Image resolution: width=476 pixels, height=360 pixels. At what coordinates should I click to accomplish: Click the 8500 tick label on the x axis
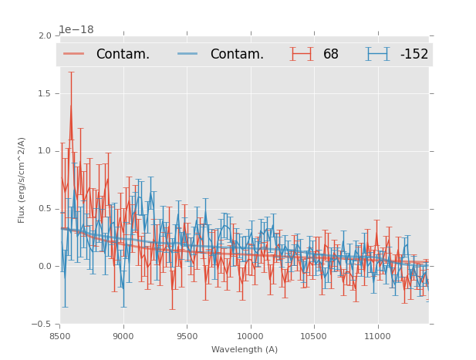[x=59, y=336]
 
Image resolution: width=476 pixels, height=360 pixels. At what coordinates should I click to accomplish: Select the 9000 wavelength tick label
[x=123, y=336]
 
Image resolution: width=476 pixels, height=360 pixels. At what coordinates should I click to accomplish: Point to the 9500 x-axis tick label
[x=187, y=336]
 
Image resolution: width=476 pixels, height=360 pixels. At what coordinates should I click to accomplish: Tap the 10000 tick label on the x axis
[x=250, y=336]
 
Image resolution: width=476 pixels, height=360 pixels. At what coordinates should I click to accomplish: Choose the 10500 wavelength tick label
[x=314, y=336]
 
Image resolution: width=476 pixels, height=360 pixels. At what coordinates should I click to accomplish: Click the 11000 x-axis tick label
[x=377, y=336]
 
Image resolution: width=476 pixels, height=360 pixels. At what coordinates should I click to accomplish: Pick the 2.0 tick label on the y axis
[x=45, y=35]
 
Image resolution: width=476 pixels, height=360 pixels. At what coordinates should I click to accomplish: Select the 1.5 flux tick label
[x=45, y=93]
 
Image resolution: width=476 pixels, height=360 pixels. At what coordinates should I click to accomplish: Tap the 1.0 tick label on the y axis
[x=45, y=151]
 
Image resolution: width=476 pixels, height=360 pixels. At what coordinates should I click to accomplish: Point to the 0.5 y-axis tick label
[x=45, y=209]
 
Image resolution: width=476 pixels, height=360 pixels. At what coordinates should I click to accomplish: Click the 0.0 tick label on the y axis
[x=45, y=267]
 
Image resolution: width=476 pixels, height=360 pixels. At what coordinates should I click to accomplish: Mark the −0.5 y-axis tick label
[x=42, y=325]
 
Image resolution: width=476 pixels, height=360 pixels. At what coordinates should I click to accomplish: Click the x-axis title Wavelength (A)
[x=245, y=350]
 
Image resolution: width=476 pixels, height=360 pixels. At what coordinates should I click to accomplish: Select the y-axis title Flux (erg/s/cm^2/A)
[x=22, y=180]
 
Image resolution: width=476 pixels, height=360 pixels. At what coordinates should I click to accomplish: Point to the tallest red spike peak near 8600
[x=71, y=105]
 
